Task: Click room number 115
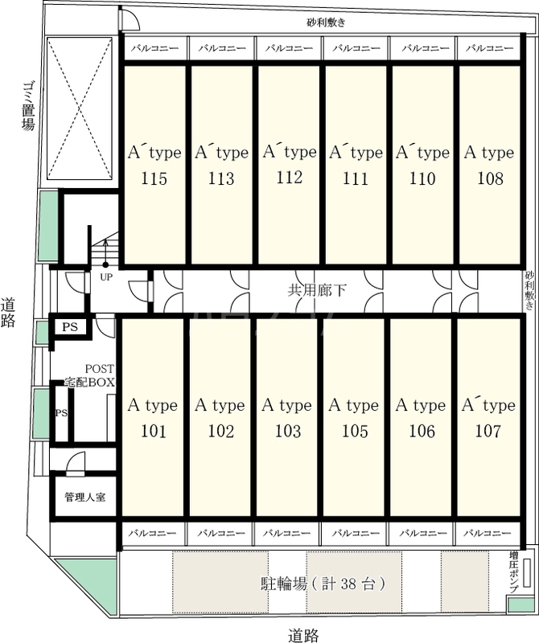[x=154, y=178]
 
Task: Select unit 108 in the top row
[x=490, y=178]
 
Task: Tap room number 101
[x=154, y=431]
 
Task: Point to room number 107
[x=488, y=431]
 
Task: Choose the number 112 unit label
[x=290, y=177]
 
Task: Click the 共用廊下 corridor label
[x=316, y=290]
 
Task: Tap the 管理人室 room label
[x=85, y=497]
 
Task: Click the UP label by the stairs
[x=106, y=277]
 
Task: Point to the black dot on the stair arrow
[x=105, y=265]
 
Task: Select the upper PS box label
[x=70, y=327]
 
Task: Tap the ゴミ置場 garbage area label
[x=28, y=105]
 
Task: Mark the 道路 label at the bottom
[x=303, y=635]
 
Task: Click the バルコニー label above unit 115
[x=154, y=48]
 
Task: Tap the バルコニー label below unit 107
[x=488, y=533]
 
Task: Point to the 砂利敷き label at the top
[x=326, y=23]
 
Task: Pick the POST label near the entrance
[x=99, y=369]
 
